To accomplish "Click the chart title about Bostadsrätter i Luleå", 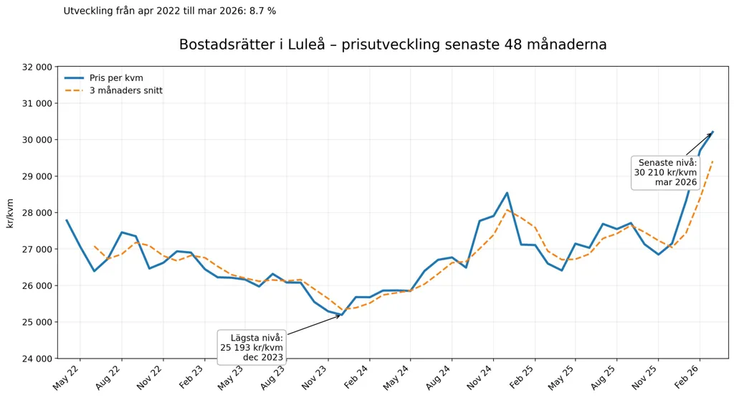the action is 393,44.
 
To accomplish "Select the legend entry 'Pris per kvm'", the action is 116,78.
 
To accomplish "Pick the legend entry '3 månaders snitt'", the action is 126,90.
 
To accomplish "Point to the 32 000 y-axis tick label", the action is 37,67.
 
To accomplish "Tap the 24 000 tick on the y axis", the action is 37,359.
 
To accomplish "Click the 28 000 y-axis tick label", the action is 37,212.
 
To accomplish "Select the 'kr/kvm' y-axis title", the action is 10,213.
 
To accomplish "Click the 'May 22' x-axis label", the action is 67,377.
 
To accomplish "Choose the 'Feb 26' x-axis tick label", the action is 687,377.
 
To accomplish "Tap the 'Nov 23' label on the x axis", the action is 315,377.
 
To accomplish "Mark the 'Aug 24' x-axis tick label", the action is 439,377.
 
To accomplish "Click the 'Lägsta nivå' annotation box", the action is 252,347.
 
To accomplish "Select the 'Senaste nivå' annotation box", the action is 666,172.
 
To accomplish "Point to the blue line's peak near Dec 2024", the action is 507,193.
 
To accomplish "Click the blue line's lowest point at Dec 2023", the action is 342,315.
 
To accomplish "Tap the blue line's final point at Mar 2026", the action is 712,132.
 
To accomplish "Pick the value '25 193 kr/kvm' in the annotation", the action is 252,347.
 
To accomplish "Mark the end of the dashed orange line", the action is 712,161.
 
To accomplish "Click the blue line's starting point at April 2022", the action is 67,220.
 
